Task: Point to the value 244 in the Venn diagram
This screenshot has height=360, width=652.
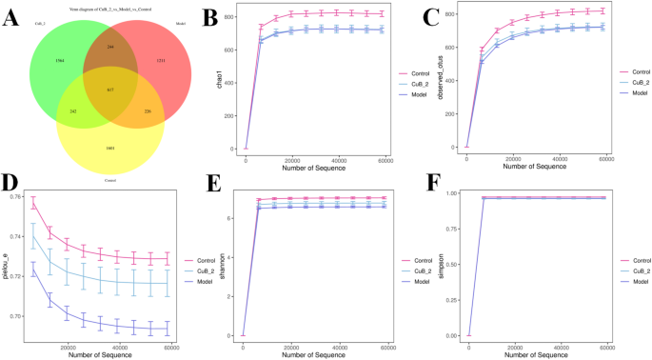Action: (x=111, y=47)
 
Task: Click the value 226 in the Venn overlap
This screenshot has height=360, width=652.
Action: (x=148, y=111)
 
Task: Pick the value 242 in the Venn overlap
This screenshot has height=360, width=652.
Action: (x=73, y=111)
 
